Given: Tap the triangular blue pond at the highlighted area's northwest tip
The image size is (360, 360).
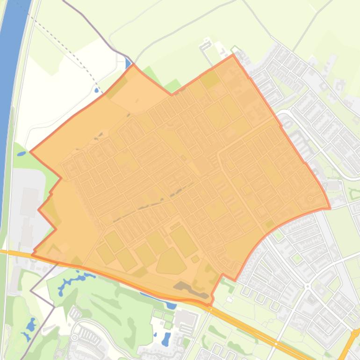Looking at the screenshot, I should [129, 64].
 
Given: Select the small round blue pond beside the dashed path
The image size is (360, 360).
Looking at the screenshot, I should [97, 90].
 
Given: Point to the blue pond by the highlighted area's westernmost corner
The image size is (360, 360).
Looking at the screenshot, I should [22, 153].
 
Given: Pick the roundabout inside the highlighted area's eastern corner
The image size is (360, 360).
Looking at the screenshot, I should [310, 199].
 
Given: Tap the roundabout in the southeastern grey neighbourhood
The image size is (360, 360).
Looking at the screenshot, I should [307, 286].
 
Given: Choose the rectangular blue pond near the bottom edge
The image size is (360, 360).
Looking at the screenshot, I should [166, 338].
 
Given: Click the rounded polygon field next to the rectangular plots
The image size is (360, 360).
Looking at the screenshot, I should [171, 261].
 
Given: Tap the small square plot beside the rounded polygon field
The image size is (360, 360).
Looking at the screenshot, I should [195, 259].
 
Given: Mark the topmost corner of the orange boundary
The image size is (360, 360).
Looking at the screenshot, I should [233, 55].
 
